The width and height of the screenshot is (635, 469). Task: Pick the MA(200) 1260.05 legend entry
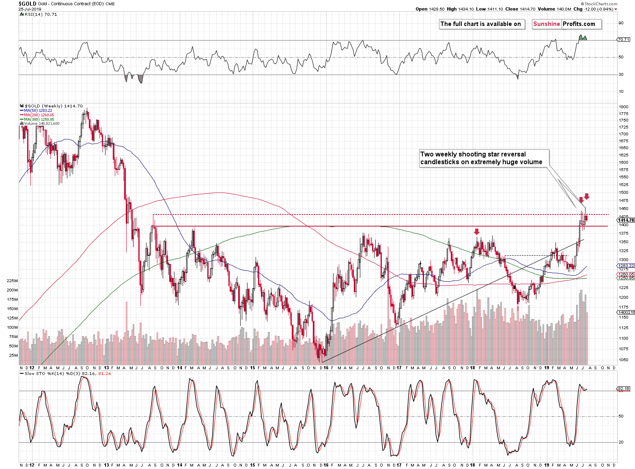(39, 115)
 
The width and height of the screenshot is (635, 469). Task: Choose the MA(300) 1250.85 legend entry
(39, 120)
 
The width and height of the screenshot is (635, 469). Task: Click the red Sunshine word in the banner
(547, 24)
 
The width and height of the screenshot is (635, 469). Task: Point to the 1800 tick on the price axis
(624, 107)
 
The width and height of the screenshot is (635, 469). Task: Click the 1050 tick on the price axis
(624, 360)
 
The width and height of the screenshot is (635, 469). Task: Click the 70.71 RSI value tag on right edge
(623, 40)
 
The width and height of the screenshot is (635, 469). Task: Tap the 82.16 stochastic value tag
(623, 389)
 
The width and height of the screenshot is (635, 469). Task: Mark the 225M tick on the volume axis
(13, 281)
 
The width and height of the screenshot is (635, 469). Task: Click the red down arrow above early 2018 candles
(477, 231)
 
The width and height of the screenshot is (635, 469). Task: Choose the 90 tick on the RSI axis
(621, 23)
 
